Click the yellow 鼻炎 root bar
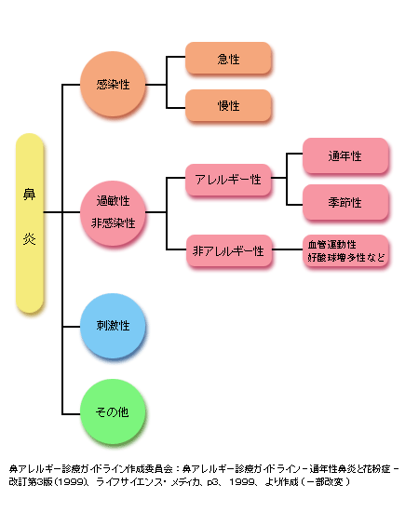click(30, 223)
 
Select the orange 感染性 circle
click(113, 84)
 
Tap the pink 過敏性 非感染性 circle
click(113, 213)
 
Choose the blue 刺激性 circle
click(113, 326)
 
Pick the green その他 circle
click(113, 411)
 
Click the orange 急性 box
click(228, 58)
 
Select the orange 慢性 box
click(228, 105)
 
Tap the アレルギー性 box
click(228, 180)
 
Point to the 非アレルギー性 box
click(229, 250)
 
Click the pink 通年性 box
click(345, 155)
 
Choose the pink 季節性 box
click(345, 202)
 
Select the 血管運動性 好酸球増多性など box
click(345, 250)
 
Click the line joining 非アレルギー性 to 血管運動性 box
click(288, 249)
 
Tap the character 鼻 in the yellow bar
click(29, 194)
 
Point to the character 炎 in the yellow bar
click(29, 239)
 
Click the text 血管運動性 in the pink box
click(331, 245)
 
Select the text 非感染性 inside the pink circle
click(113, 223)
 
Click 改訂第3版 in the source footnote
click(31, 482)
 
